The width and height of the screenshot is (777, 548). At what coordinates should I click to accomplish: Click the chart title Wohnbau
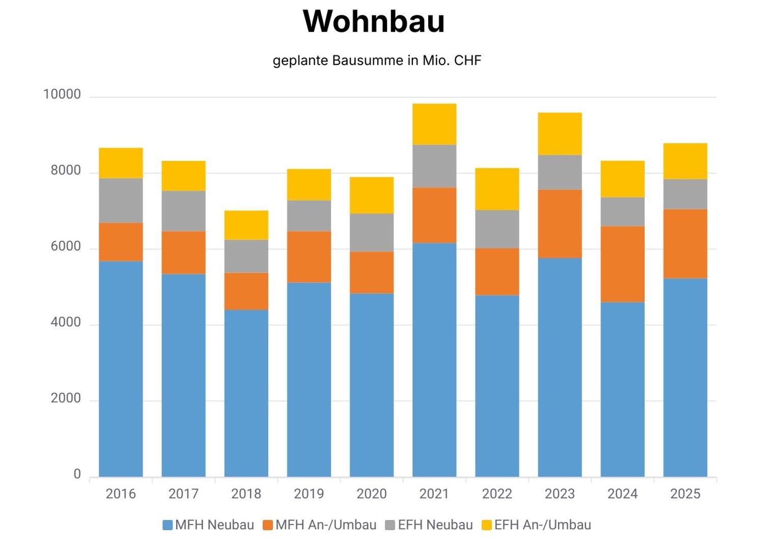(x=374, y=21)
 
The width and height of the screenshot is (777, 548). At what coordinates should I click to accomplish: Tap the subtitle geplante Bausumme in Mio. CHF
(x=377, y=61)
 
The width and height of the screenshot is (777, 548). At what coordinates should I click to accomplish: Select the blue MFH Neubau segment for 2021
(x=434, y=360)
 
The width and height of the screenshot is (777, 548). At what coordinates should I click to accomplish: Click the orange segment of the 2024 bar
(x=622, y=264)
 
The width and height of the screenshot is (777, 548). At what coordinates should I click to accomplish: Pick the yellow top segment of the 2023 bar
(x=560, y=133)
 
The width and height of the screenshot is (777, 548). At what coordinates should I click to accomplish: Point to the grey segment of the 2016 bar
(x=121, y=200)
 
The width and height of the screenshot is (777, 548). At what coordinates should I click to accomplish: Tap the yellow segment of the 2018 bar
(x=246, y=225)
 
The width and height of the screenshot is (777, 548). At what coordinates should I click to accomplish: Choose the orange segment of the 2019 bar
(x=309, y=257)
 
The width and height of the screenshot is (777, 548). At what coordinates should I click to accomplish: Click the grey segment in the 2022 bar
(x=497, y=229)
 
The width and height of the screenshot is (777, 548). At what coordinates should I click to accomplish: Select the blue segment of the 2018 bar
(x=246, y=393)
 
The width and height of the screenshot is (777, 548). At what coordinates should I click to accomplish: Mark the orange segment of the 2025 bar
(x=685, y=243)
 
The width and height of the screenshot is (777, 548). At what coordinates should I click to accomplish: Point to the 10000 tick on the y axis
(x=62, y=95)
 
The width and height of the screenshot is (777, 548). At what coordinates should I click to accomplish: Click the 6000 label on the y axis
(x=66, y=246)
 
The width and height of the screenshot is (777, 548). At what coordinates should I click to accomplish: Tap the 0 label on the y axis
(x=77, y=474)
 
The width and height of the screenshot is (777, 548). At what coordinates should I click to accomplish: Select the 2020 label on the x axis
(x=372, y=494)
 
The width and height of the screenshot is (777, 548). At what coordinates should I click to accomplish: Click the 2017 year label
(x=183, y=494)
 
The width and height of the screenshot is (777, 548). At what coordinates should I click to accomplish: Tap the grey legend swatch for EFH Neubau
(x=390, y=525)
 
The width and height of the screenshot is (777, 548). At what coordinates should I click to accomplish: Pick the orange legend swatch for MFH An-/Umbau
(x=268, y=525)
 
